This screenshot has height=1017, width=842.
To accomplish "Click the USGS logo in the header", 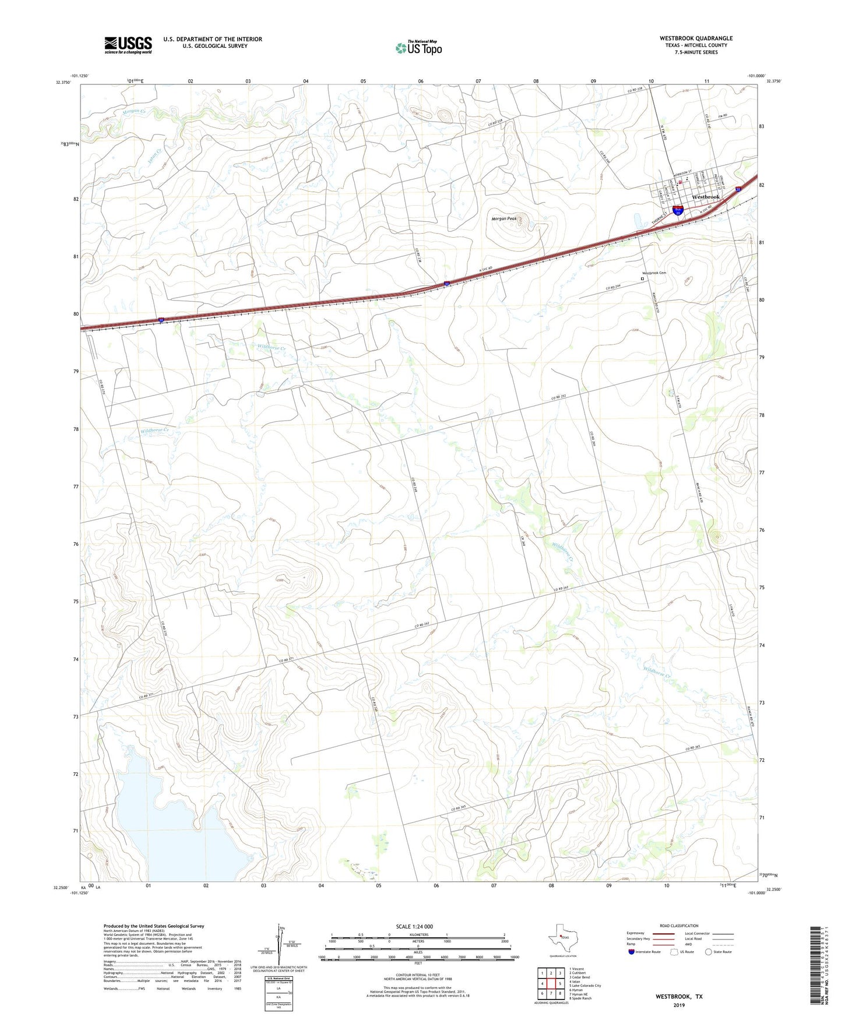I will (128, 45).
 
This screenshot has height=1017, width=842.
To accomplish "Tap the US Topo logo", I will (418, 48).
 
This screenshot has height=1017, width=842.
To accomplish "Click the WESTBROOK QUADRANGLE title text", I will (696, 38).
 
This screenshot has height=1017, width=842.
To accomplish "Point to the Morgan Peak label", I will (504, 219).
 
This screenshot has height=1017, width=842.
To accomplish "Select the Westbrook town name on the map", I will (706, 197).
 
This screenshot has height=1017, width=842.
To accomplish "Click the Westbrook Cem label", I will (654, 273).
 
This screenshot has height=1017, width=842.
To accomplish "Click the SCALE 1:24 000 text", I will (414, 926).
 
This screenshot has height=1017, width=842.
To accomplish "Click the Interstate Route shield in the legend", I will (632, 952).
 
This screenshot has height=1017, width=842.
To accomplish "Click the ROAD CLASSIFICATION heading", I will (679, 926).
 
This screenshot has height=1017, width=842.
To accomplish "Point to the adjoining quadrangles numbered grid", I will (551, 984).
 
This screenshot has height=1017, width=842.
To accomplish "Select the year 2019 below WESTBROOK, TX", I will (679, 1005).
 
